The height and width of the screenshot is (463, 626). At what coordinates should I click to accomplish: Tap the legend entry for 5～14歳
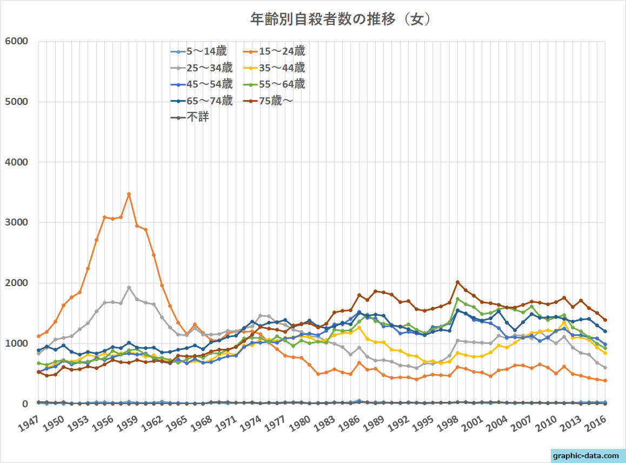[206, 51]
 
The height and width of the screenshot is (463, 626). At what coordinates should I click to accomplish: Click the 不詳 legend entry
[198, 117]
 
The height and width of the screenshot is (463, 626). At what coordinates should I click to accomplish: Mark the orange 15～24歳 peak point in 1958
[129, 194]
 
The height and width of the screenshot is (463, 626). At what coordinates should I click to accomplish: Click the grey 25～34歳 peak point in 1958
[129, 288]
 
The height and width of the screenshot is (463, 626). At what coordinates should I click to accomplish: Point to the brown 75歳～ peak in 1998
[457, 282]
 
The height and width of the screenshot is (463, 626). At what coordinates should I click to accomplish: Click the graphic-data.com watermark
[587, 455]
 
